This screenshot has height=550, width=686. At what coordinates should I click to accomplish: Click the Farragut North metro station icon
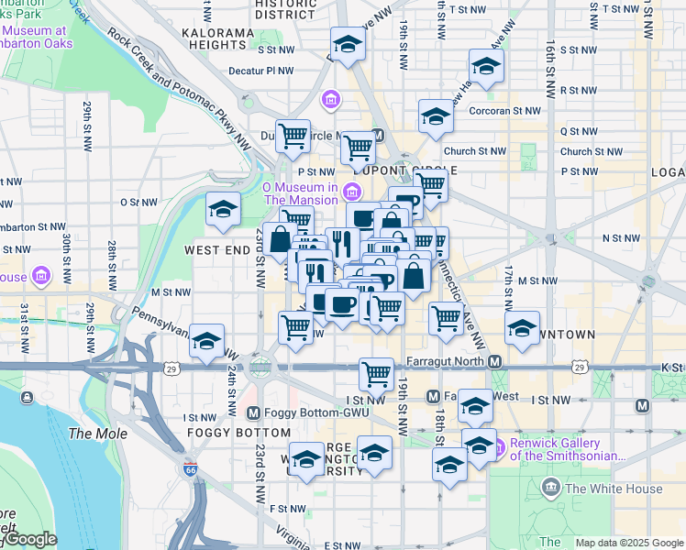click(x=495, y=362)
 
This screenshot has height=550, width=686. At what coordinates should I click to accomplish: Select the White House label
click(x=614, y=489)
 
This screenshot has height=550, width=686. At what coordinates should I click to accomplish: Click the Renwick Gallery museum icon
click(x=499, y=448)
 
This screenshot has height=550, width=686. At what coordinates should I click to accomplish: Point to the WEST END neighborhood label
click(x=217, y=249)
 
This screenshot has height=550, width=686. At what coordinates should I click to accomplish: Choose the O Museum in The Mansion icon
click(x=349, y=191)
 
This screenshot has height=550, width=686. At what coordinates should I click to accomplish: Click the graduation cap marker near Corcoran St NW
click(x=436, y=116)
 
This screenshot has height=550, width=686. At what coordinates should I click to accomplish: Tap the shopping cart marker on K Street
click(x=376, y=373)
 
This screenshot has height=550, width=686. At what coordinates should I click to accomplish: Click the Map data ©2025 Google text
click(x=629, y=543)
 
